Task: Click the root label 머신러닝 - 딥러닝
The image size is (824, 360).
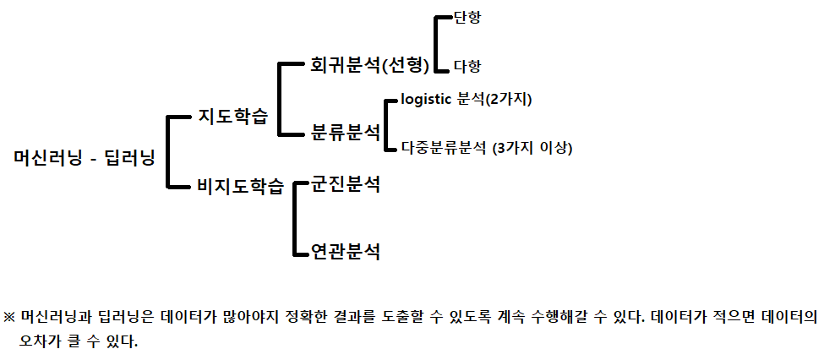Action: [x=85, y=157]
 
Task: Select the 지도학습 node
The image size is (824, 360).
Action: [x=232, y=117]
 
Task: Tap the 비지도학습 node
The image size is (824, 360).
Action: [x=240, y=187]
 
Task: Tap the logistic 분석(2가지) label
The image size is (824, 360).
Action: [x=466, y=101]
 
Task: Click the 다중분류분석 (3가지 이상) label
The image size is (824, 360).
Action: [x=487, y=149]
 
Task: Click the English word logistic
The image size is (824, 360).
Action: [x=427, y=101]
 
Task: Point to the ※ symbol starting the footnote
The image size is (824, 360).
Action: [x=10, y=318]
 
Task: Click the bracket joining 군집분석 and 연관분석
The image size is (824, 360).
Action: [x=294, y=218]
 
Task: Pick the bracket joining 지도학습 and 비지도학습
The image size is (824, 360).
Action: [x=171, y=151]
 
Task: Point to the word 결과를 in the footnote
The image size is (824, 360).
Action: [x=410, y=318]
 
